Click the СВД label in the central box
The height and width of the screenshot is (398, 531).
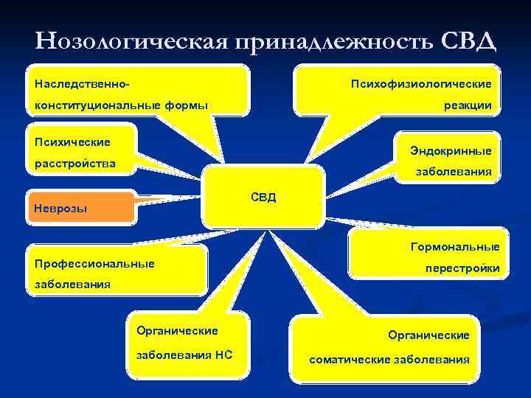tap(263, 198)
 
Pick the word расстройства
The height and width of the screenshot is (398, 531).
tap(75, 163)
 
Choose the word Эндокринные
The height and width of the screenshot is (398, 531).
tap(451, 150)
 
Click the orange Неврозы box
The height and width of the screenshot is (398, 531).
tap(82, 208)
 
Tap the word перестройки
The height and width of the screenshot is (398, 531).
tap(462, 269)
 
